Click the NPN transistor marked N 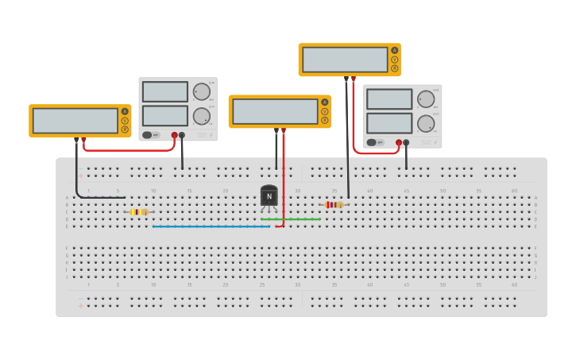coord(269,196)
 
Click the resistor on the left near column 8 coord(139,212)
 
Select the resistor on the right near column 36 coord(334,204)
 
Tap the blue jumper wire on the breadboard coord(211,226)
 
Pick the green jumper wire coord(290,219)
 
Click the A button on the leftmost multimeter coord(125,111)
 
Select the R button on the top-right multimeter coord(394,68)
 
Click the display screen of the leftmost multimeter coord(75,121)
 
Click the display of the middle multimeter coord(275,111)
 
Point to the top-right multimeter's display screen coord(345,60)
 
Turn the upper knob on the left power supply coord(202,91)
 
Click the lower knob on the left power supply coord(202,117)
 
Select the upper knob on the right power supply coord(427,99)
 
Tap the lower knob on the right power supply coord(427,123)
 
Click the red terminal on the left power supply coord(175,135)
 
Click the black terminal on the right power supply coord(407,142)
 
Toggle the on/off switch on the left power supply coord(149,135)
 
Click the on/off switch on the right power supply coord(373,142)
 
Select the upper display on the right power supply coord(389,99)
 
